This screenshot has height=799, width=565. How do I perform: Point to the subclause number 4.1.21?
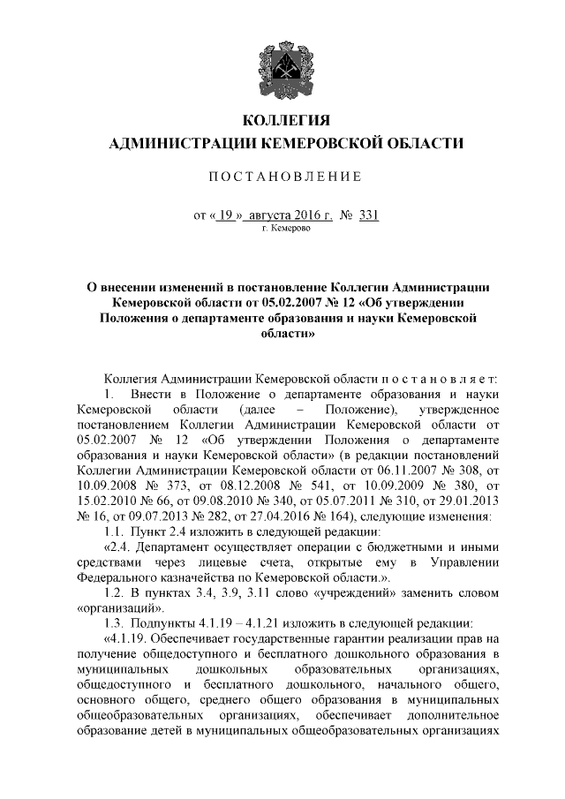253,624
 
